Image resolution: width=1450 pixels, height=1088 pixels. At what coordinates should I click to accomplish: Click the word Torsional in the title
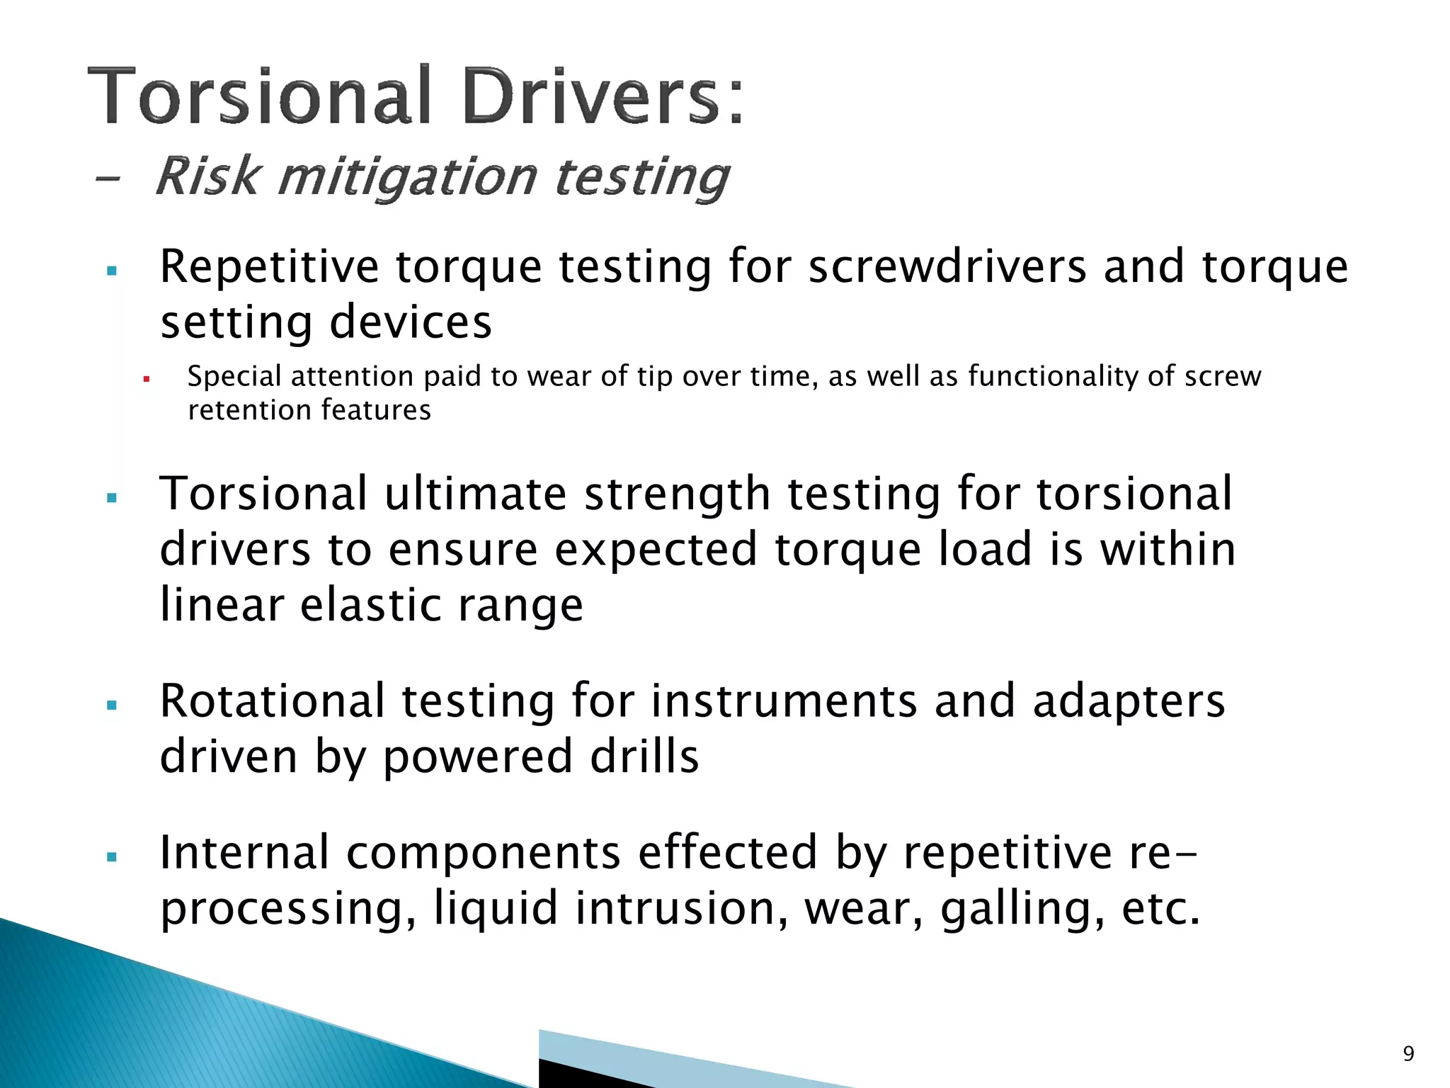pyautogui.click(x=260, y=96)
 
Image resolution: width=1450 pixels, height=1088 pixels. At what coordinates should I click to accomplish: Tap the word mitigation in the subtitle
pyautogui.click(x=408, y=177)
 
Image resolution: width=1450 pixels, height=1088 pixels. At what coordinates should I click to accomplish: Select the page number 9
pyautogui.click(x=1408, y=1054)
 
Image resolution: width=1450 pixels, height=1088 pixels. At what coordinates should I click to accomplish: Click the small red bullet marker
pyautogui.click(x=147, y=379)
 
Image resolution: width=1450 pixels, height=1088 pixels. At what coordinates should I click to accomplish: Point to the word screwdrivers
pyautogui.click(x=947, y=267)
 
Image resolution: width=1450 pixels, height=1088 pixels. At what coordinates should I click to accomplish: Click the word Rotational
pyautogui.click(x=272, y=701)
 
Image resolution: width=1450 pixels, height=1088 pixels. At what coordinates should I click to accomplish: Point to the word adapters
pyautogui.click(x=1129, y=701)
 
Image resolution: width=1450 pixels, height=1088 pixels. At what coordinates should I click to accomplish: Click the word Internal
pyautogui.click(x=244, y=852)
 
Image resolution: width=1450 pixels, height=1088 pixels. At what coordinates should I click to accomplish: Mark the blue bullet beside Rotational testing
pyautogui.click(x=111, y=705)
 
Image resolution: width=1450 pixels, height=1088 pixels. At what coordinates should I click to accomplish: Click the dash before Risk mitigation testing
pyautogui.click(x=107, y=179)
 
